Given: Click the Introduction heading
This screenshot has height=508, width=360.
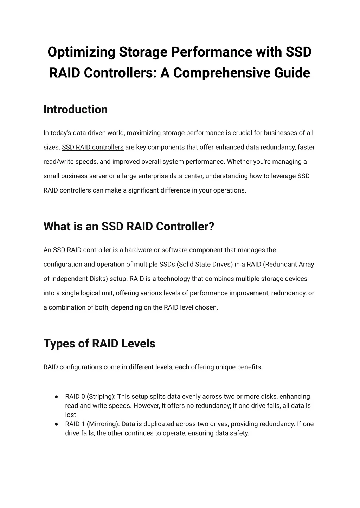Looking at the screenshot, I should point(76,110).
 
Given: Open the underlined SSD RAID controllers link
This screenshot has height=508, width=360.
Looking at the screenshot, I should point(93,148).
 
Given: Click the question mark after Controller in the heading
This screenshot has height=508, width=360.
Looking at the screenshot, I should point(211,227).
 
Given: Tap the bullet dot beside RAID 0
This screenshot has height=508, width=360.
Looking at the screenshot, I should point(56,397).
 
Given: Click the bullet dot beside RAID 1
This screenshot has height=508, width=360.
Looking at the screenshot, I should point(56,424).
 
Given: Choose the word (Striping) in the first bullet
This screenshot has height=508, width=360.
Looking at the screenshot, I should point(101,397).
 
